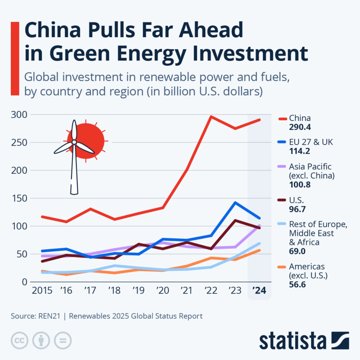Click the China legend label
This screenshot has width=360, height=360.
click(x=300, y=118)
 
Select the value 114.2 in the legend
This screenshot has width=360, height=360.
click(x=300, y=152)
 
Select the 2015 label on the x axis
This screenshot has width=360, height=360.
click(x=42, y=290)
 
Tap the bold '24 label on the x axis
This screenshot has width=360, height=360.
click(x=259, y=290)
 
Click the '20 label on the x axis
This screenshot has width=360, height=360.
click(x=163, y=290)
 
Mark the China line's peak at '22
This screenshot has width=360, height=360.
click(x=211, y=117)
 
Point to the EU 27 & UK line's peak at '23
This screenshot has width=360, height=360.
click(x=235, y=203)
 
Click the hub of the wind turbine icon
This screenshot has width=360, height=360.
click(x=74, y=142)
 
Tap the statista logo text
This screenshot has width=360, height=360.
click(x=292, y=341)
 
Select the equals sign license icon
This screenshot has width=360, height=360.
click(x=62, y=340)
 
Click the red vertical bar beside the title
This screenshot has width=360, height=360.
click(x=15, y=59)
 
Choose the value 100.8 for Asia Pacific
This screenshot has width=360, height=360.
click(x=300, y=185)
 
